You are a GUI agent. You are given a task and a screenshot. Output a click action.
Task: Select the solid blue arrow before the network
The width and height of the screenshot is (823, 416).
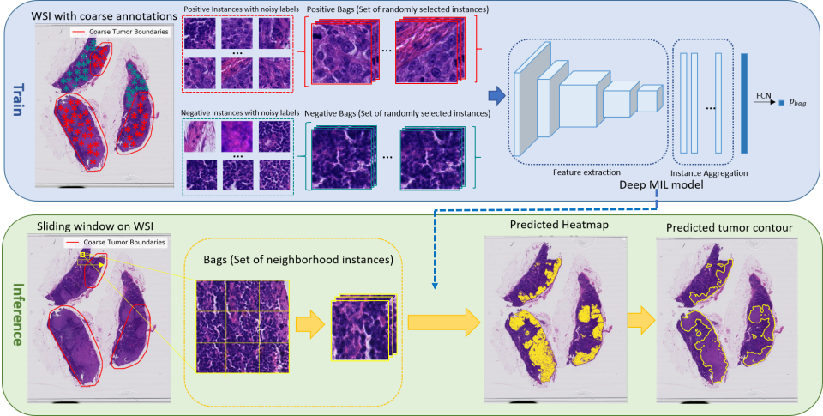(495, 94)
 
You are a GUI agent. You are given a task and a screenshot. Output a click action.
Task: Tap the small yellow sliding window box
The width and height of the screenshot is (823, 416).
(82, 254)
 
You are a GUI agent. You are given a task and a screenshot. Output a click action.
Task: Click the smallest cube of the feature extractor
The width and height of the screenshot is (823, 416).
(649, 97)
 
